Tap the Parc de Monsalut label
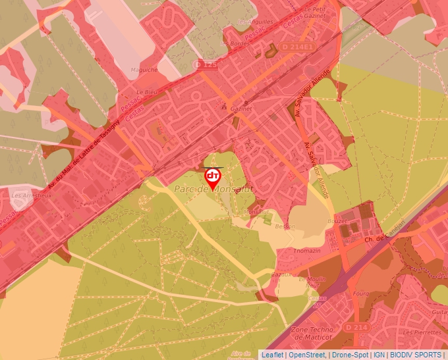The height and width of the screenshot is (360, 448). pos(213,190)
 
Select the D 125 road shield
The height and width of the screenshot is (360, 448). pos(207,64)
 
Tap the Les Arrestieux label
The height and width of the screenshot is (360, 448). pos(32,195)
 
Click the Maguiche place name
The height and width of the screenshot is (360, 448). pos(144,69)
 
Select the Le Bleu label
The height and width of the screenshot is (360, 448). pos(145,92)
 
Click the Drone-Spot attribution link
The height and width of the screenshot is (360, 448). pos(350,355)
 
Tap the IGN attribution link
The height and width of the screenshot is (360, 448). pos(379,355)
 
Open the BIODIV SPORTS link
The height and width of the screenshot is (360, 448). pos(415,355)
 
